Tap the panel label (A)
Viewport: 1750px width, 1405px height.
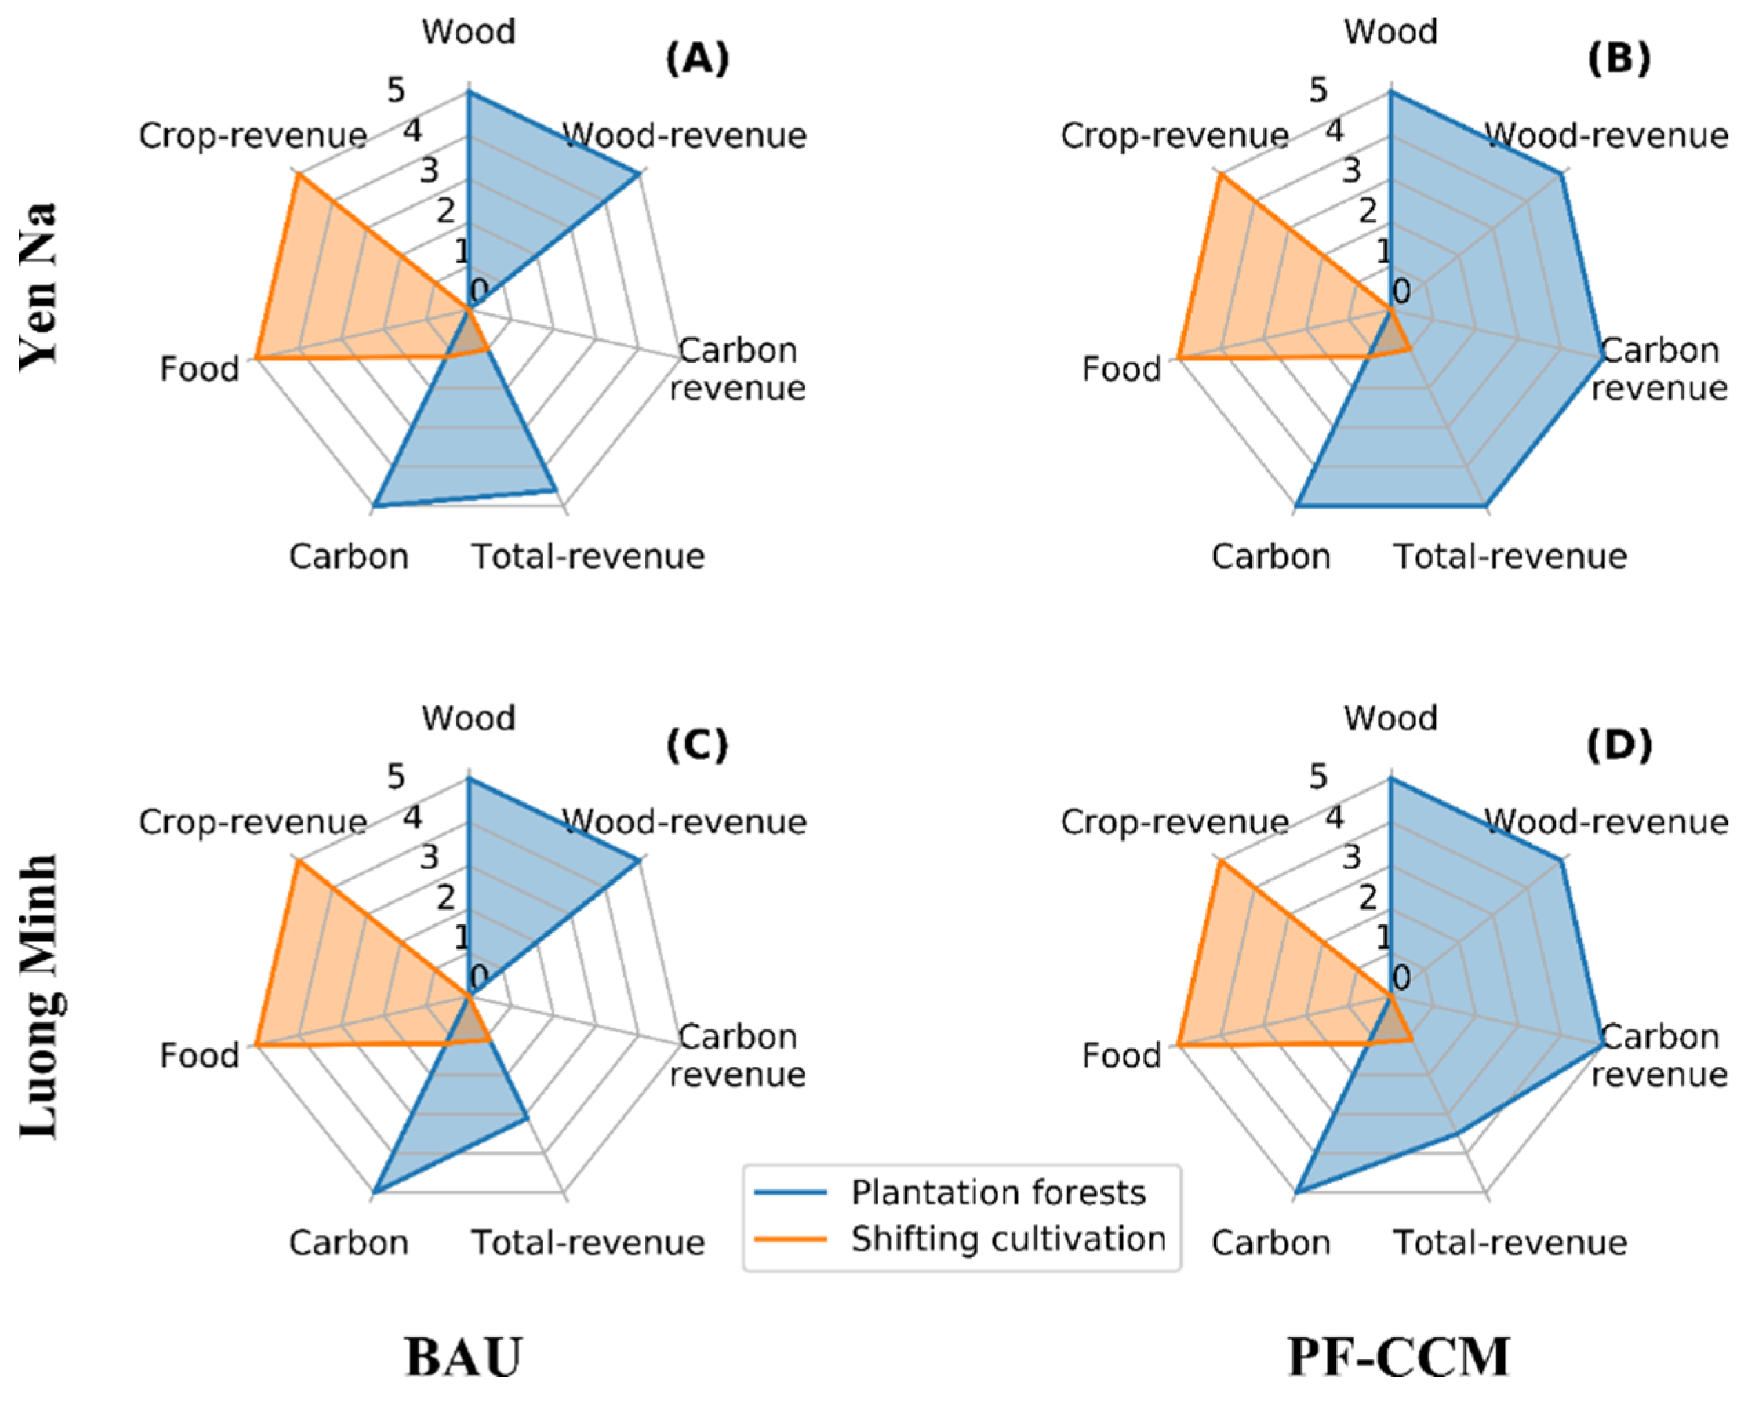[697, 59]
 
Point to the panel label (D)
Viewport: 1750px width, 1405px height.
[1619, 745]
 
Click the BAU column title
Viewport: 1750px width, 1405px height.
[463, 1356]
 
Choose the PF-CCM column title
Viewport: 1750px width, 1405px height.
[1398, 1356]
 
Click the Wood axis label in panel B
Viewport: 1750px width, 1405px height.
[1391, 32]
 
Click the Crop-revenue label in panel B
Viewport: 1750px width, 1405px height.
[1174, 136]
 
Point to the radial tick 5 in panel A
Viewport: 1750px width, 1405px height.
[395, 90]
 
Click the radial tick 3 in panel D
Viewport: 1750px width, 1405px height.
[1351, 857]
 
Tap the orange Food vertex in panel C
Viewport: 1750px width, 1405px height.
[257, 1045]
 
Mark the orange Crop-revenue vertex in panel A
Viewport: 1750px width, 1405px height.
[298, 174]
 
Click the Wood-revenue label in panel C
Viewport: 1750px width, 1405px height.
[684, 821]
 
